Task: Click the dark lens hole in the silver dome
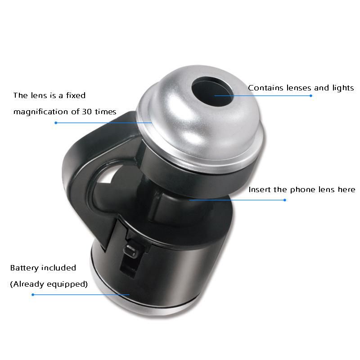(x=213, y=91)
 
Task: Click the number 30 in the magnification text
(x=87, y=112)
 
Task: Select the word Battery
(x=24, y=268)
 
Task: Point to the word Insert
(x=260, y=189)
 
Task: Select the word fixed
(x=76, y=95)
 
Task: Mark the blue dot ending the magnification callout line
(x=56, y=123)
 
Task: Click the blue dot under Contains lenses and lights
(x=310, y=96)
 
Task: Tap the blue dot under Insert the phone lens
(x=285, y=200)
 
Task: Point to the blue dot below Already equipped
(x=33, y=295)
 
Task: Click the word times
(x=106, y=112)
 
